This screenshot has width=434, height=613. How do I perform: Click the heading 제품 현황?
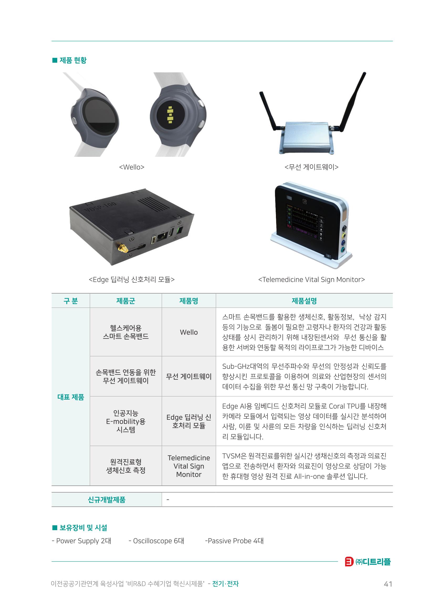click(73, 60)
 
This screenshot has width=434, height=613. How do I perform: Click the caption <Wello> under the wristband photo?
click(132, 167)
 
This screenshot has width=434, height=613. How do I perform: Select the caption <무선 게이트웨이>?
click(312, 167)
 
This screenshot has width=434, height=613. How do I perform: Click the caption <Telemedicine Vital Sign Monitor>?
click(312, 279)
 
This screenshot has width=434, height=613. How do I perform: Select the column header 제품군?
click(126, 301)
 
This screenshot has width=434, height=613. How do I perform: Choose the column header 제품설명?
click(304, 301)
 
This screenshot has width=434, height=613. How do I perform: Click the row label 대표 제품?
click(71, 397)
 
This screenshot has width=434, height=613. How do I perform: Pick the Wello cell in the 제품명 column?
click(189, 332)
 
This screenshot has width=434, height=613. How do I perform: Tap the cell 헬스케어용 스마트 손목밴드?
click(126, 332)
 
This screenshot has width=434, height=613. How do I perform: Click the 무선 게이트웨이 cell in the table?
click(189, 377)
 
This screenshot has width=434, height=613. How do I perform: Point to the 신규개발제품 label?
click(106, 499)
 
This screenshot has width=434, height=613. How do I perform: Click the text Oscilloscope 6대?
click(159, 541)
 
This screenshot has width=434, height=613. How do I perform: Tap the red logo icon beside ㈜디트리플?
click(349, 562)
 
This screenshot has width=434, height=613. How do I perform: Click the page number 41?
click(388, 584)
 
